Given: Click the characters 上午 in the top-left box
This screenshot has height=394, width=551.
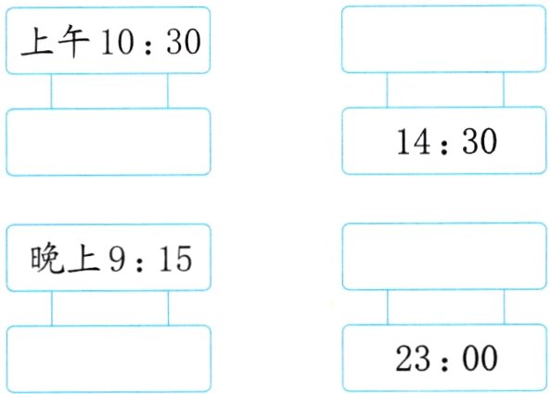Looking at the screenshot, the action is coord(55,42).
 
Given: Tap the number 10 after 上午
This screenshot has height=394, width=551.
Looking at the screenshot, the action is coord(117,42).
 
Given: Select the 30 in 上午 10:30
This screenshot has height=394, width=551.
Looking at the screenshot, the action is coord(184,42).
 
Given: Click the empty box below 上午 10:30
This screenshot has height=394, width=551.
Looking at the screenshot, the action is coord(109,142).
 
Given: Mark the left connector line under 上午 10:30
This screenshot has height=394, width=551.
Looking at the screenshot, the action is coord(51,91).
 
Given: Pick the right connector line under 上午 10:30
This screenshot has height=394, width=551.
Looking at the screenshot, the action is coord(168,91).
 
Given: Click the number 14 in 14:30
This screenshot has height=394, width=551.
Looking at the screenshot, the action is coord(414,141).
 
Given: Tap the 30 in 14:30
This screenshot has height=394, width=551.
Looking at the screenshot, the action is coord(480,141).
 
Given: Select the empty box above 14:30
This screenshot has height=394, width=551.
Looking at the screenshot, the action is coord(444,39).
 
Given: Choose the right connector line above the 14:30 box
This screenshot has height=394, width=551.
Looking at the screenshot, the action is coord(504,90).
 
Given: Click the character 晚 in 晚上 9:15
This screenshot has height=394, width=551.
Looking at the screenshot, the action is coord(47,259).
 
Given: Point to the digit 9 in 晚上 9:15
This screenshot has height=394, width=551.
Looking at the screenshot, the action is coord(118,260).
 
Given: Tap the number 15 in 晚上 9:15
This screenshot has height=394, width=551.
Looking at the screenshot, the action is coord(175,260).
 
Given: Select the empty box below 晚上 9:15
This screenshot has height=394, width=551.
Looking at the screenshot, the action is coord(109,360).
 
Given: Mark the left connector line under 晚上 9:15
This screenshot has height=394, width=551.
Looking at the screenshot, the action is coord(52,309).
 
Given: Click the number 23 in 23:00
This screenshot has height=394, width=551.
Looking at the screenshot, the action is coord(413,358).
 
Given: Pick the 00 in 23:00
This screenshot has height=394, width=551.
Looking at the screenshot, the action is coord(480,358).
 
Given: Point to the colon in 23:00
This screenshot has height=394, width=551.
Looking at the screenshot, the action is coord(445,361).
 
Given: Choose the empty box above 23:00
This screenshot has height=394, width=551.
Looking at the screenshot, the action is coord(444,257).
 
